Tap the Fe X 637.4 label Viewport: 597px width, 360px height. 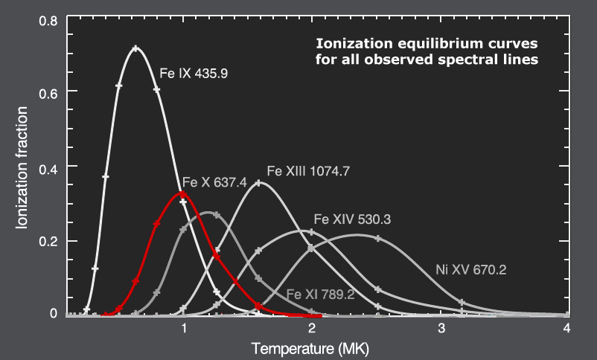[214, 183]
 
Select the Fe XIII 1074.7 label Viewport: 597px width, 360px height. [308, 170]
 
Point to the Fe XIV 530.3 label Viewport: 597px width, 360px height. [352, 219]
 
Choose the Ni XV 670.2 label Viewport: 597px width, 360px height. [470, 270]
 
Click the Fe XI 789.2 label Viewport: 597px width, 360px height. [320, 295]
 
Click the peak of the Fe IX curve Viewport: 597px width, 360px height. [135, 48]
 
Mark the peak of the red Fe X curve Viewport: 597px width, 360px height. [182, 194]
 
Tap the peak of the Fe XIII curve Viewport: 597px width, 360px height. [258, 182]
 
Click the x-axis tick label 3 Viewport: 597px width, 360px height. [441, 328]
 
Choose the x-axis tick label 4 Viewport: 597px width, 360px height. [567, 328]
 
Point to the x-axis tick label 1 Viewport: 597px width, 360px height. [183, 328]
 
